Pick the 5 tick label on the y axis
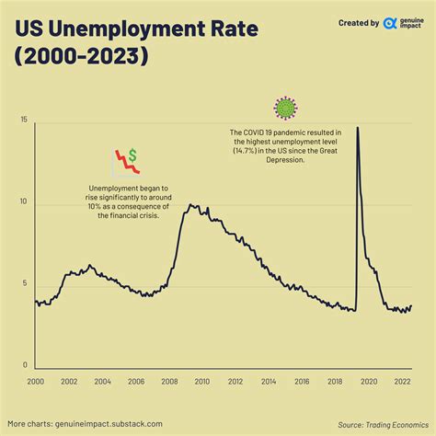(x=25, y=283)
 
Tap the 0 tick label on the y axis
(x=25, y=365)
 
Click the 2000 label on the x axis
(x=36, y=381)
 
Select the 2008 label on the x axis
(x=169, y=381)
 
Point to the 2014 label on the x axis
(x=270, y=381)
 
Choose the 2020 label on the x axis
(x=369, y=381)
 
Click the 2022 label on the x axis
(x=402, y=381)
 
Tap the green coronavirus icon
(x=287, y=108)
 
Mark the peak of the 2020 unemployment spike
(x=357, y=127)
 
